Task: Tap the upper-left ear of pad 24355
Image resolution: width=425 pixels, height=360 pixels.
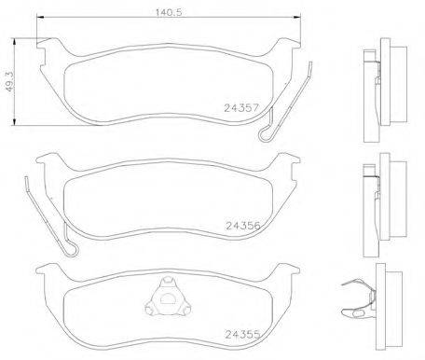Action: tap(45, 271)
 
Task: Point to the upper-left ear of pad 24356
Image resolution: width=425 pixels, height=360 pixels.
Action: tap(45, 161)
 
